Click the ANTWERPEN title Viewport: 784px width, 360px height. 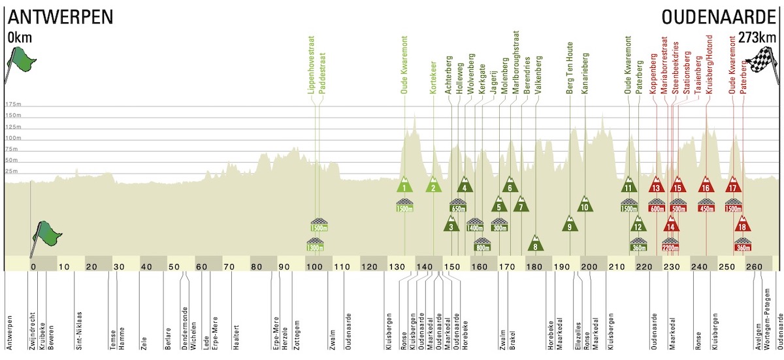pos(61,17)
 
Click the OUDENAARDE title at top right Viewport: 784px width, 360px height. pos(719,17)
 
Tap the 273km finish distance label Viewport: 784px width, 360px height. pos(757,37)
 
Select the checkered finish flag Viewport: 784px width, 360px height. pos(763,65)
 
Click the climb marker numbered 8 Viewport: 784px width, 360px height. pos(535,244)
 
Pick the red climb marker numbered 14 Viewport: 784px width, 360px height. pos(671,223)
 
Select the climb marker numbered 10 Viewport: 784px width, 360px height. pos(585,204)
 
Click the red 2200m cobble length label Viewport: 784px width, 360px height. pos(670,248)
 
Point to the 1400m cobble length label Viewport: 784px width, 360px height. pos(474,228)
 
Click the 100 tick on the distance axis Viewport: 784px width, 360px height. pos(314,267)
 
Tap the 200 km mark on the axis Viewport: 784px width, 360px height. pos(589,267)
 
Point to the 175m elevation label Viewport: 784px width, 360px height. pos(13,104)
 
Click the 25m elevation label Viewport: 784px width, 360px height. pos(11,171)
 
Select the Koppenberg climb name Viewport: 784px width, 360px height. pos(653,73)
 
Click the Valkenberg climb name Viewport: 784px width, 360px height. pos(538,75)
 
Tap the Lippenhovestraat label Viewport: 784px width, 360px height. pos(311,65)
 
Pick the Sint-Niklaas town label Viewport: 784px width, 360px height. pos(79,331)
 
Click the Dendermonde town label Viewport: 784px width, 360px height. pos(184,329)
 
